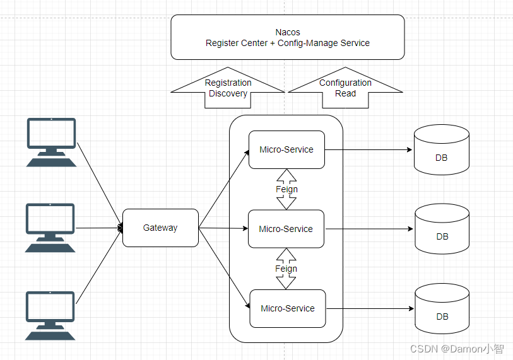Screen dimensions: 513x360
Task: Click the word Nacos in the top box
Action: point(288,32)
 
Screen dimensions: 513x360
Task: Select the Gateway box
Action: point(160,228)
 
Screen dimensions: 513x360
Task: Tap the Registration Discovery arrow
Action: point(228,88)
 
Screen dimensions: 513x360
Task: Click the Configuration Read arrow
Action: point(346,88)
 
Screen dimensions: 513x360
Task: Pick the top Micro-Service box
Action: point(286,150)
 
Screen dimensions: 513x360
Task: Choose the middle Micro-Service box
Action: point(286,229)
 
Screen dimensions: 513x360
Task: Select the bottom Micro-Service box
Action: point(288,308)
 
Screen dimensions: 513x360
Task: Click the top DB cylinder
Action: point(441,150)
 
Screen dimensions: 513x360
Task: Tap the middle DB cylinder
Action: point(442,229)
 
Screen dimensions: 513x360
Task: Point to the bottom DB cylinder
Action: point(442,308)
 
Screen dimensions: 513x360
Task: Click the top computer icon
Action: point(51,142)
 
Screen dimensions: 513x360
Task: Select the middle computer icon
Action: point(50,228)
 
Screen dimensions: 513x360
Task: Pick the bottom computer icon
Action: point(50,315)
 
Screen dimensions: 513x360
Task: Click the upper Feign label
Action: point(286,189)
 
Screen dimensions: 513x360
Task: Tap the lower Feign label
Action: point(286,269)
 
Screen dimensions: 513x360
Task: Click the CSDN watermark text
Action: point(457,349)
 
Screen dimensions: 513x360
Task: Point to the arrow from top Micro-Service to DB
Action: point(369,150)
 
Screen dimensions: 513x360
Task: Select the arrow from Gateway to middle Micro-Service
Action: point(223,228)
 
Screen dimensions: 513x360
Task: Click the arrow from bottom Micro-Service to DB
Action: point(370,308)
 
